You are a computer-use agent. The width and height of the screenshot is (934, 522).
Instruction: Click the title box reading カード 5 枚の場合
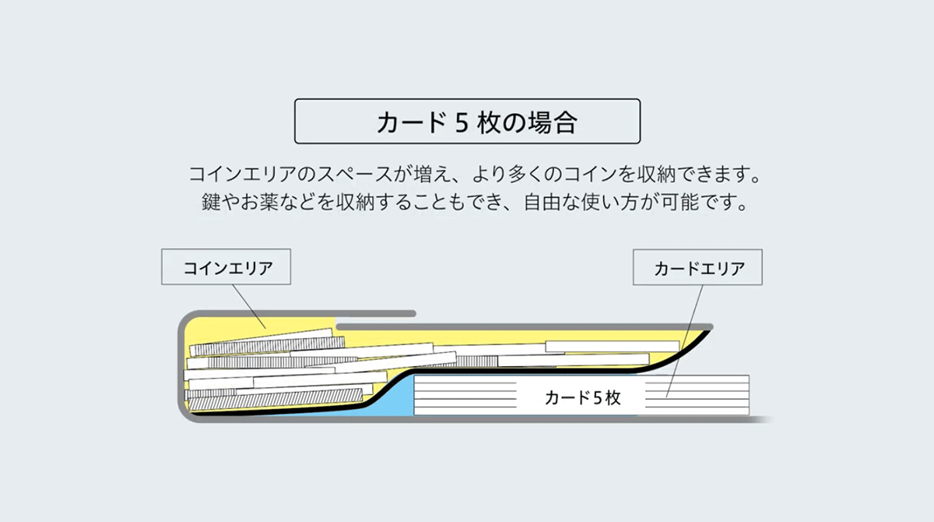click(467, 121)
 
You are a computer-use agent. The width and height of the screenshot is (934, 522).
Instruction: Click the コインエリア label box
click(226, 267)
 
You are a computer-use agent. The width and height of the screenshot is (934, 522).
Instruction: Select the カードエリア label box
click(698, 268)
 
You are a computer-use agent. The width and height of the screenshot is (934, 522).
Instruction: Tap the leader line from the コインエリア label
click(250, 304)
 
